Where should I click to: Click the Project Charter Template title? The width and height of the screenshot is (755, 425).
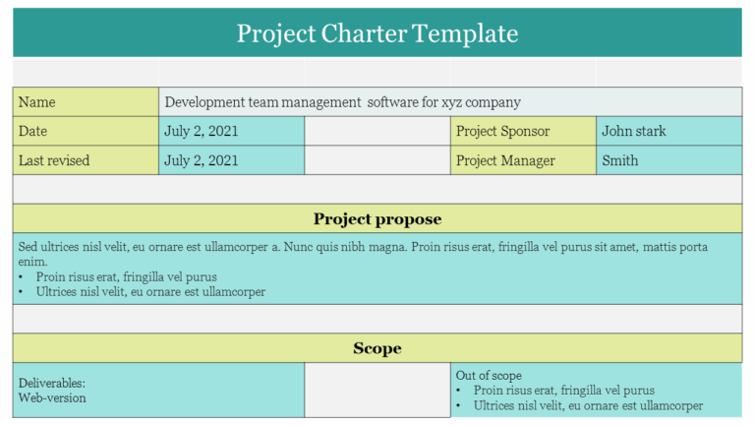377,33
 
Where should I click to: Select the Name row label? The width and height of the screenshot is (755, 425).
37,102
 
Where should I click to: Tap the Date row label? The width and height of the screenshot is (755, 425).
33,131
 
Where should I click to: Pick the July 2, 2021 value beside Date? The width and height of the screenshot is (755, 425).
201,131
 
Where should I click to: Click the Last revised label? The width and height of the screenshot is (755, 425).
54,160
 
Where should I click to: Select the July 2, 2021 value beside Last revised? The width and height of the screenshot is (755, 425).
201,160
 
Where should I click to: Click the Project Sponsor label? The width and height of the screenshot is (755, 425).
502,131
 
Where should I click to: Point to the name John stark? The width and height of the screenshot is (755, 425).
633,131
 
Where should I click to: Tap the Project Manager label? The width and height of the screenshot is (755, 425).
505,160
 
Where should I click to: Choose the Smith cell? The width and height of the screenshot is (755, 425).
619,160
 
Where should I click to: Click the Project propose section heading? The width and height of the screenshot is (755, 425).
377,218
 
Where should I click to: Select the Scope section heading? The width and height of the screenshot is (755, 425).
377,348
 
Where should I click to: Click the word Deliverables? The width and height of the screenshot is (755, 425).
51,383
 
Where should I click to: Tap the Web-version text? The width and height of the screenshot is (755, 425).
52,398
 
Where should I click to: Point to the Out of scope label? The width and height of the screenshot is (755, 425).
489,376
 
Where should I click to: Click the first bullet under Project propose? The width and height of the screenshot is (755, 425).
126,277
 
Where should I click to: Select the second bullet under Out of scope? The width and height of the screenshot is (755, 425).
588,405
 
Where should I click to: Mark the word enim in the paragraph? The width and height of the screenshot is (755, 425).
32,262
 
